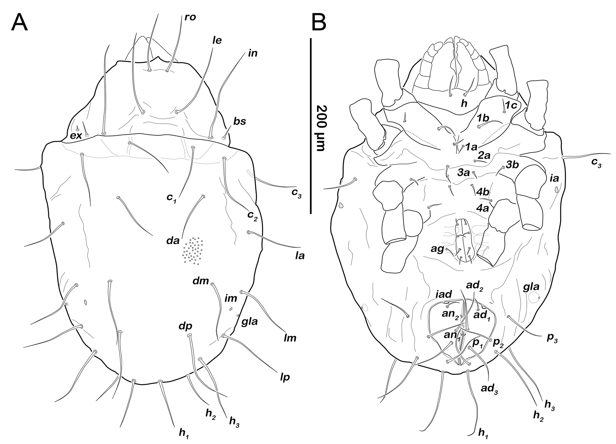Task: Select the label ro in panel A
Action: [x=190, y=17]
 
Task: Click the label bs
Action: [x=240, y=121]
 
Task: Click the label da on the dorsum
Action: [x=173, y=241]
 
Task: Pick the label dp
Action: [x=185, y=326]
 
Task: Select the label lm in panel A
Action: [x=290, y=338]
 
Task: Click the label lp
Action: [x=285, y=377]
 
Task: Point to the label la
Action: [x=300, y=256]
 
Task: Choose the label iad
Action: [x=444, y=294]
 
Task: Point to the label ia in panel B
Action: [x=554, y=178]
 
